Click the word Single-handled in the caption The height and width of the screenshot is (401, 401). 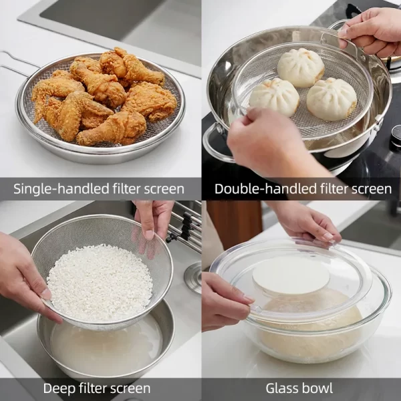[54, 189]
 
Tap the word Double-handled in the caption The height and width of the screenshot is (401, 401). [259, 189]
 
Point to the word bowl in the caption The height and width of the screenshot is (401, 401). [318, 388]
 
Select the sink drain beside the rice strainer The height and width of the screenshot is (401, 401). [193, 277]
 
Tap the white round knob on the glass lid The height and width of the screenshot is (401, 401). [291, 275]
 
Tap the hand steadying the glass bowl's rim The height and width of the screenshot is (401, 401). [224, 301]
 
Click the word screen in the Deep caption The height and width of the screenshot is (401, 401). [128, 388]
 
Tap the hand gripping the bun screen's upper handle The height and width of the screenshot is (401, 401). [374, 30]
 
